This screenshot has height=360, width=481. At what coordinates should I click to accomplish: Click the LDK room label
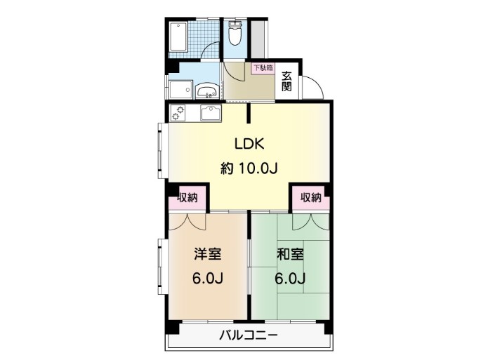point(249,144)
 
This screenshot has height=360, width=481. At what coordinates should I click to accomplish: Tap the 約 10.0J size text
point(249,168)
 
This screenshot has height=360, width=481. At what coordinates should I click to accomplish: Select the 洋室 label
point(208,254)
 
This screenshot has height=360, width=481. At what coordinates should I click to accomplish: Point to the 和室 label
point(290,254)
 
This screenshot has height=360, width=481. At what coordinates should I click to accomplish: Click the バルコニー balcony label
point(248,335)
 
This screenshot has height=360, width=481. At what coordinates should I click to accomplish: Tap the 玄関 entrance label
point(286,81)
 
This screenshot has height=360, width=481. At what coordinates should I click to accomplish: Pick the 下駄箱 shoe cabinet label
point(263,68)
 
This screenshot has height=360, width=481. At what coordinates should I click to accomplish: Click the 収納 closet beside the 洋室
point(187,198)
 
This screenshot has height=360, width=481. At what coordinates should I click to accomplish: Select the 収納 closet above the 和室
point(311,198)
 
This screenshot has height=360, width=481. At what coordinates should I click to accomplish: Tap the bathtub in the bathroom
point(178,36)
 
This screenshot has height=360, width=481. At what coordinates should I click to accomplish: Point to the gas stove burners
point(178,112)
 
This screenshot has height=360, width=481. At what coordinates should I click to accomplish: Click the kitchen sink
point(211,113)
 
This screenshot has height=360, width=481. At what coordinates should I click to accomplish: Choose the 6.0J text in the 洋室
point(207,278)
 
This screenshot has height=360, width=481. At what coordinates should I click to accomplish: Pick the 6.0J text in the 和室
point(290,278)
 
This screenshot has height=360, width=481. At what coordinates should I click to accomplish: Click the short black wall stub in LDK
point(249,114)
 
